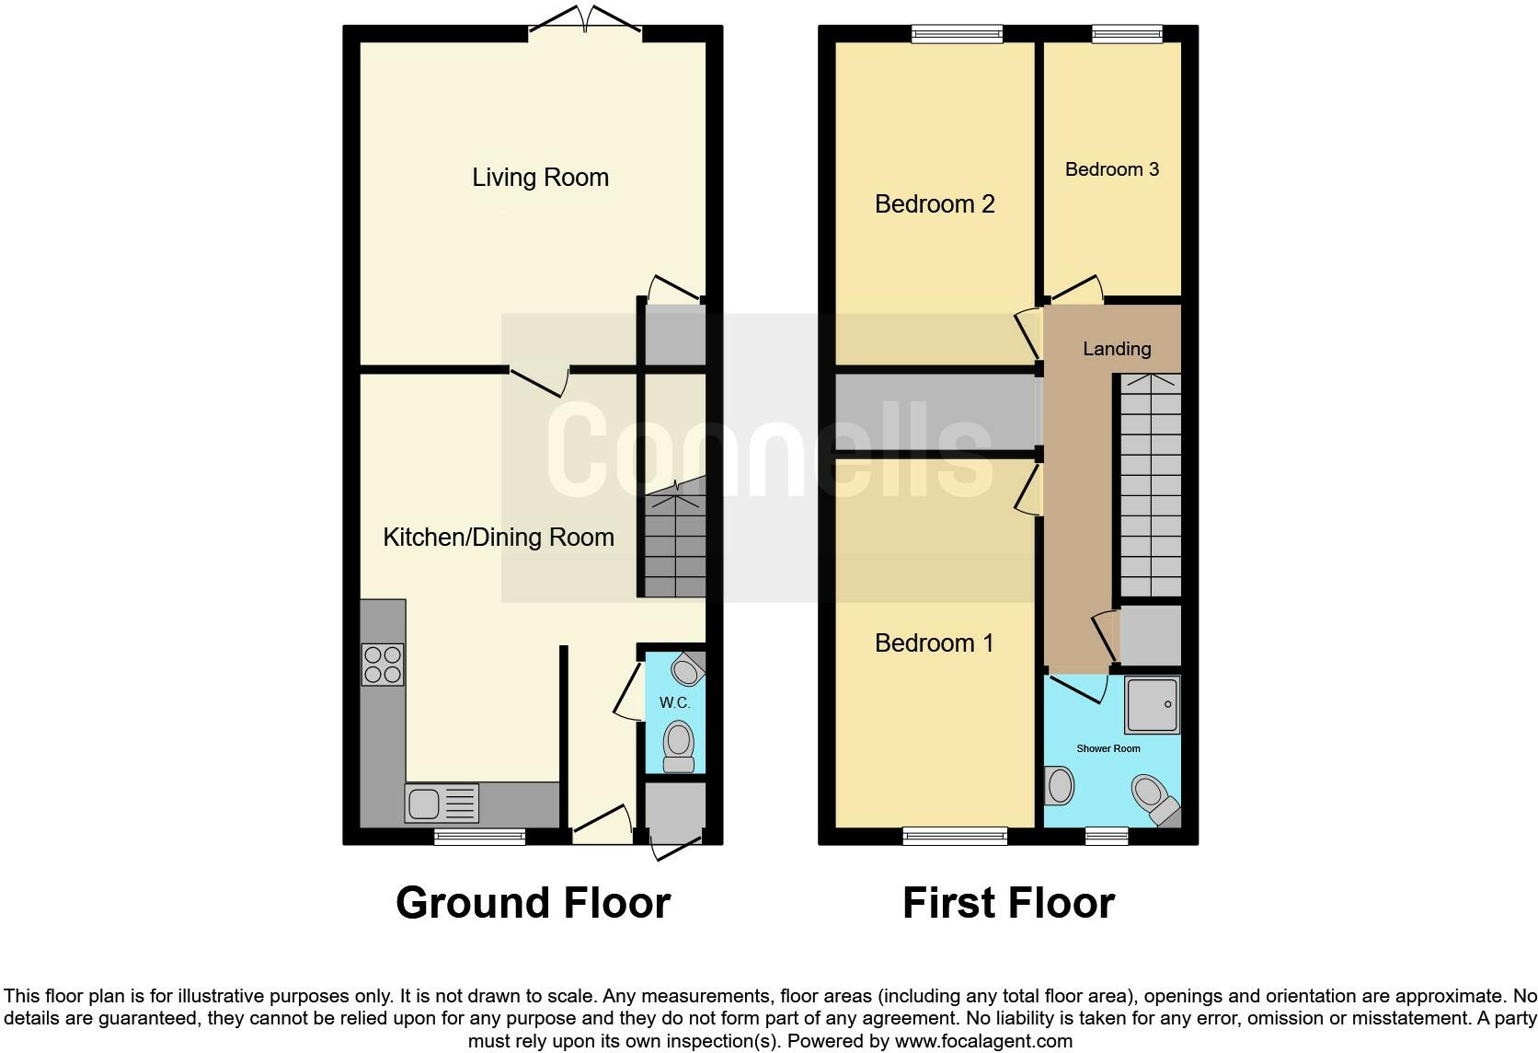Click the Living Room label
point(540,178)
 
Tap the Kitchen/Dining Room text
point(498,538)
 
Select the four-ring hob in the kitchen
point(383,665)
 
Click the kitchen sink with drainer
point(442,804)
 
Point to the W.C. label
point(674,703)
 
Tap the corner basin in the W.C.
point(688,669)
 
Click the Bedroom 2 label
point(935,204)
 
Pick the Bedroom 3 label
point(1111,169)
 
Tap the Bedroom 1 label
point(934,643)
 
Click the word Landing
point(1116,349)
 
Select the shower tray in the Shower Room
point(1151,705)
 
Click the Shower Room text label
point(1108,748)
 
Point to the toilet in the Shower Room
point(1153,798)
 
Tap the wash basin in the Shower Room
point(1059,786)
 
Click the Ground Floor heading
point(533,903)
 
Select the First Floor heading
point(1008,903)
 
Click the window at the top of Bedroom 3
point(1127,34)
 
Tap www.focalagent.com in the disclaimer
point(982,1042)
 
